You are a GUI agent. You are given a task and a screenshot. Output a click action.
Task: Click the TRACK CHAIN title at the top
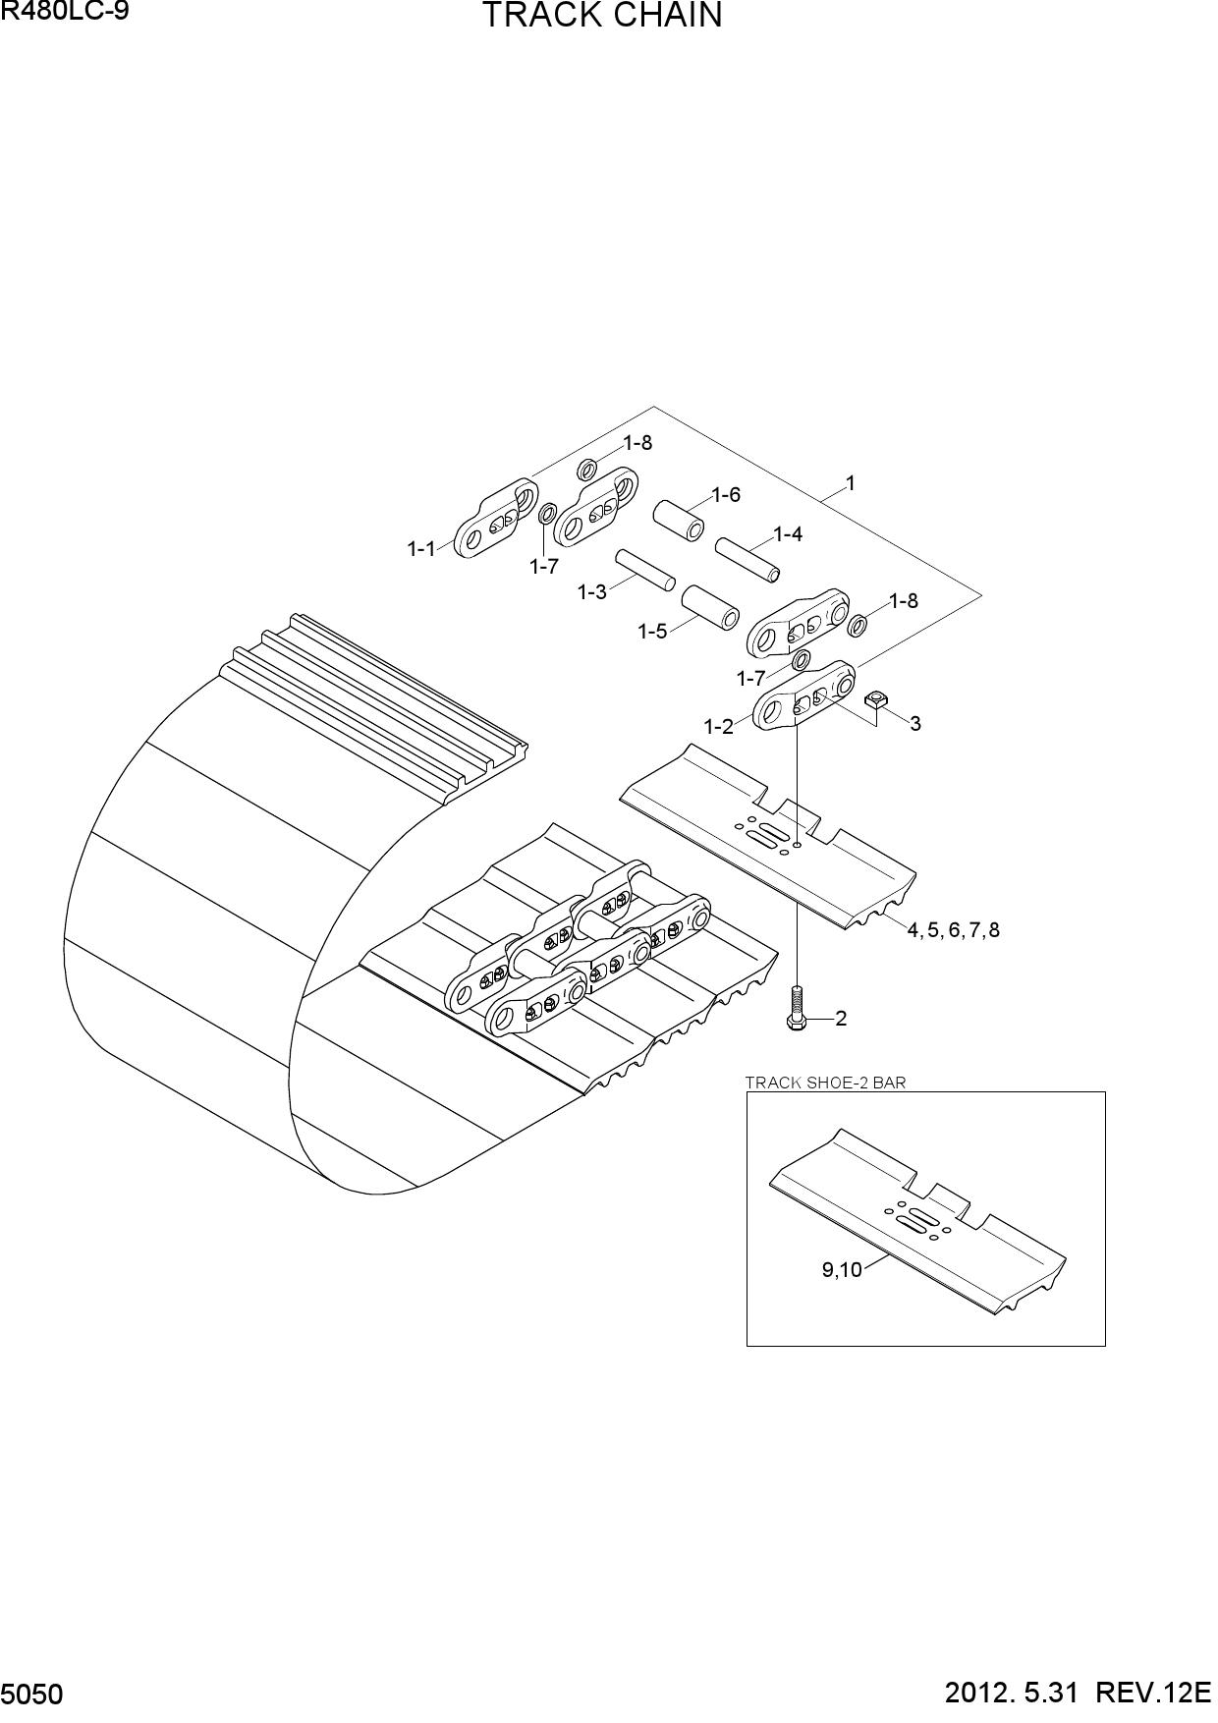(x=601, y=16)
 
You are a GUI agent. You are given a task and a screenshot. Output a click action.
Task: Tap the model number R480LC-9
(x=65, y=13)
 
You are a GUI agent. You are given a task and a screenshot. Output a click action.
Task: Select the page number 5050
(x=33, y=1695)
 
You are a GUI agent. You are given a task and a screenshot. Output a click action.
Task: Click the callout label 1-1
(x=421, y=549)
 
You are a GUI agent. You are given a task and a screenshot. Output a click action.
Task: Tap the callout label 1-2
(x=718, y=727)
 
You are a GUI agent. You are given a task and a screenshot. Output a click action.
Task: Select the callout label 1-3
(x=592, y=592)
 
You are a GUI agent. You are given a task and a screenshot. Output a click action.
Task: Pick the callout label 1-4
(x=788, y=534)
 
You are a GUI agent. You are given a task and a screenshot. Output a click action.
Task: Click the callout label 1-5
(x=652, y=631)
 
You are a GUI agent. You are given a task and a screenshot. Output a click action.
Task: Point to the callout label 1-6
(x=726, y=495)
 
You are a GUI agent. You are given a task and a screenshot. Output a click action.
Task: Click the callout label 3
(x=915, y=724)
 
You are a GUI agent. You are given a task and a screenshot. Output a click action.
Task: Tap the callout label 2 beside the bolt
(x=841, y=1019)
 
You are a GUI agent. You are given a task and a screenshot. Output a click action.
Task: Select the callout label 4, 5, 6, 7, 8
(x=953, y=929)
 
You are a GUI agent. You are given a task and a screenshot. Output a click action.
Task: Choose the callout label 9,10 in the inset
(x=842, y=1270)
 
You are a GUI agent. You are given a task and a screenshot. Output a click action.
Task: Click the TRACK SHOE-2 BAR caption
(x=826, y=1083)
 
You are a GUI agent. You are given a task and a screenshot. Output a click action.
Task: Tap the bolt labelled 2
(x=797, y=1008)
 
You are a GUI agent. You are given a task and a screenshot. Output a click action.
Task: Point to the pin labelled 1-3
(x=644, y=570)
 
